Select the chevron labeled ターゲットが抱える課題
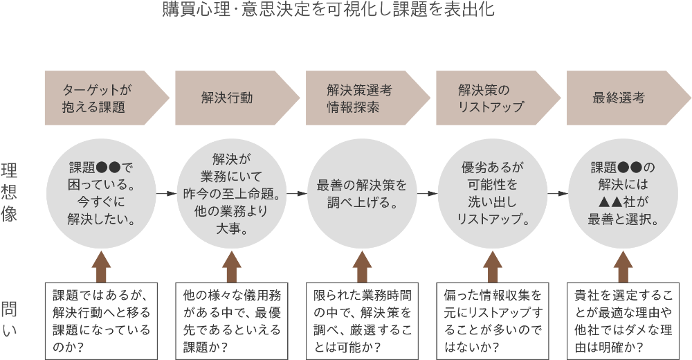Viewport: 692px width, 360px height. tap(104, 98)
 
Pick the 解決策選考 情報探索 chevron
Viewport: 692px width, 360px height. tap(365, 98)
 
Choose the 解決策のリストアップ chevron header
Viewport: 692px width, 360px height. tap(495, 98)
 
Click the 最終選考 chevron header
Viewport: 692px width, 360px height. tap(626, 98)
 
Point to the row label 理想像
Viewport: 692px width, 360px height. tap(10, 192)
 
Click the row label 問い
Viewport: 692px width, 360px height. tap(10, 318)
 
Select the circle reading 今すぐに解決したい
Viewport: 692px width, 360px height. tap(101, 193)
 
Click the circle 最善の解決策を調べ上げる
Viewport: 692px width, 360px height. tap(362, 193)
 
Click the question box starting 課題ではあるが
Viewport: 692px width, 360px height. tap(101, 320)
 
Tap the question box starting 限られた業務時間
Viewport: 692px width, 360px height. tap(362, 320)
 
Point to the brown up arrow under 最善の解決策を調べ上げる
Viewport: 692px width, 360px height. tap(362, 267)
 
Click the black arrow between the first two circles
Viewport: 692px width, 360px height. tap(166, 193)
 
